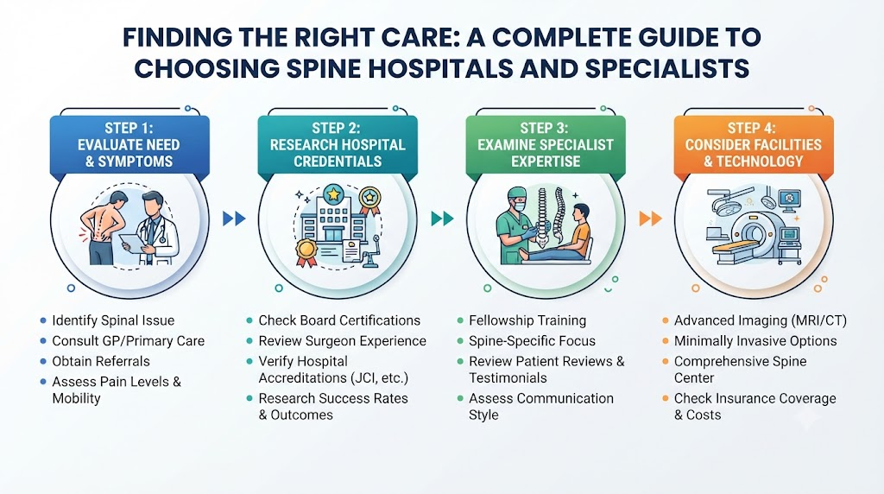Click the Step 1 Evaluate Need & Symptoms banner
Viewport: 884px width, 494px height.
129,145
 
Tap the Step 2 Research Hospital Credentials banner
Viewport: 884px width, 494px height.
338,145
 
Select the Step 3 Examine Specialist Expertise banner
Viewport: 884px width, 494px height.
546,145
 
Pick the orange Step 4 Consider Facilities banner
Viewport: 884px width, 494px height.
753,145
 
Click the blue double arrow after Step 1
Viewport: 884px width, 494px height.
234,218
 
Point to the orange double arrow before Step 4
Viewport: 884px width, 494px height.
650,218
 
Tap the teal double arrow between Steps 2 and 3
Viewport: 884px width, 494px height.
442,218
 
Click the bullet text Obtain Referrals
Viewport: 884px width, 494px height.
101,361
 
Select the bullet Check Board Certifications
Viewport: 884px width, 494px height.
339,320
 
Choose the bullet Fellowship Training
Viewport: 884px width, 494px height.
527,320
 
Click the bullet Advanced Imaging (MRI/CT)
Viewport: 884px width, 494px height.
761,320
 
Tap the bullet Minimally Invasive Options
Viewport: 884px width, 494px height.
755,340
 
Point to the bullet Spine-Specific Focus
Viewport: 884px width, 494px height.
532,340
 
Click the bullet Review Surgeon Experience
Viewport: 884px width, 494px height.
342,340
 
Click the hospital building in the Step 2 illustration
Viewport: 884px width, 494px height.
332,220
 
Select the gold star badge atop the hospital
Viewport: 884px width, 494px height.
333,194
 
